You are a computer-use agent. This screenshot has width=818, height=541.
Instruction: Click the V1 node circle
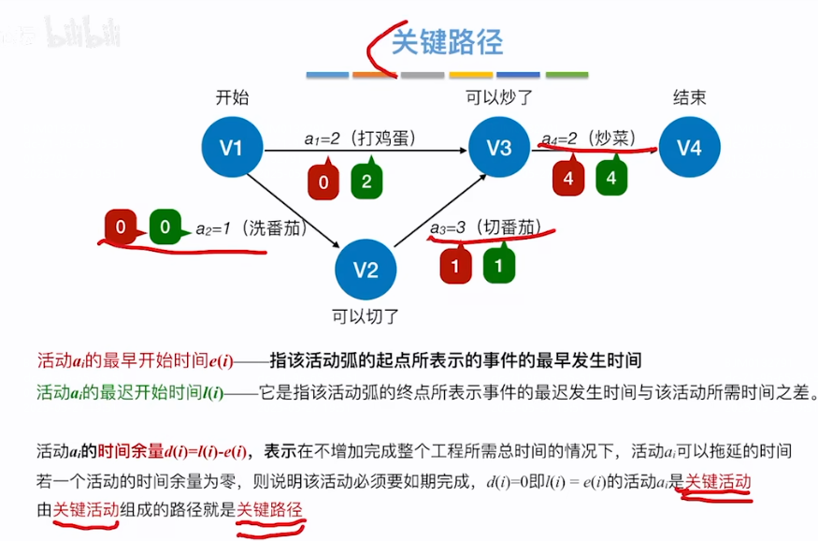coord(231,148)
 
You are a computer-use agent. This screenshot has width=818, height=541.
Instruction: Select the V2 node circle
coord(366,270)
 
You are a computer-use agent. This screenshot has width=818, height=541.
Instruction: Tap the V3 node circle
coord(500,148)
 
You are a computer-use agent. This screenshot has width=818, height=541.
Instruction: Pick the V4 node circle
coord(689,148)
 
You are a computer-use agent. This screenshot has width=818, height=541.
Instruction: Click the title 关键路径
coord(447,42)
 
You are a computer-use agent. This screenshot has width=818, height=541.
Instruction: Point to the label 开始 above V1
coord(232,97)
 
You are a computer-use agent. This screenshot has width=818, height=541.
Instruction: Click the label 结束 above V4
coord(689,97)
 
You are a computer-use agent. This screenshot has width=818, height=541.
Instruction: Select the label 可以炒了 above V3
coord(500,97)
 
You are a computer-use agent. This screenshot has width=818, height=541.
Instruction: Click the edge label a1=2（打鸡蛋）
coord(360,138)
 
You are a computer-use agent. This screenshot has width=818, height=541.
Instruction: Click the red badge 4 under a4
coord(567,177)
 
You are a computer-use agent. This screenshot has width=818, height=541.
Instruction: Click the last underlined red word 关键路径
coord(269,509)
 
